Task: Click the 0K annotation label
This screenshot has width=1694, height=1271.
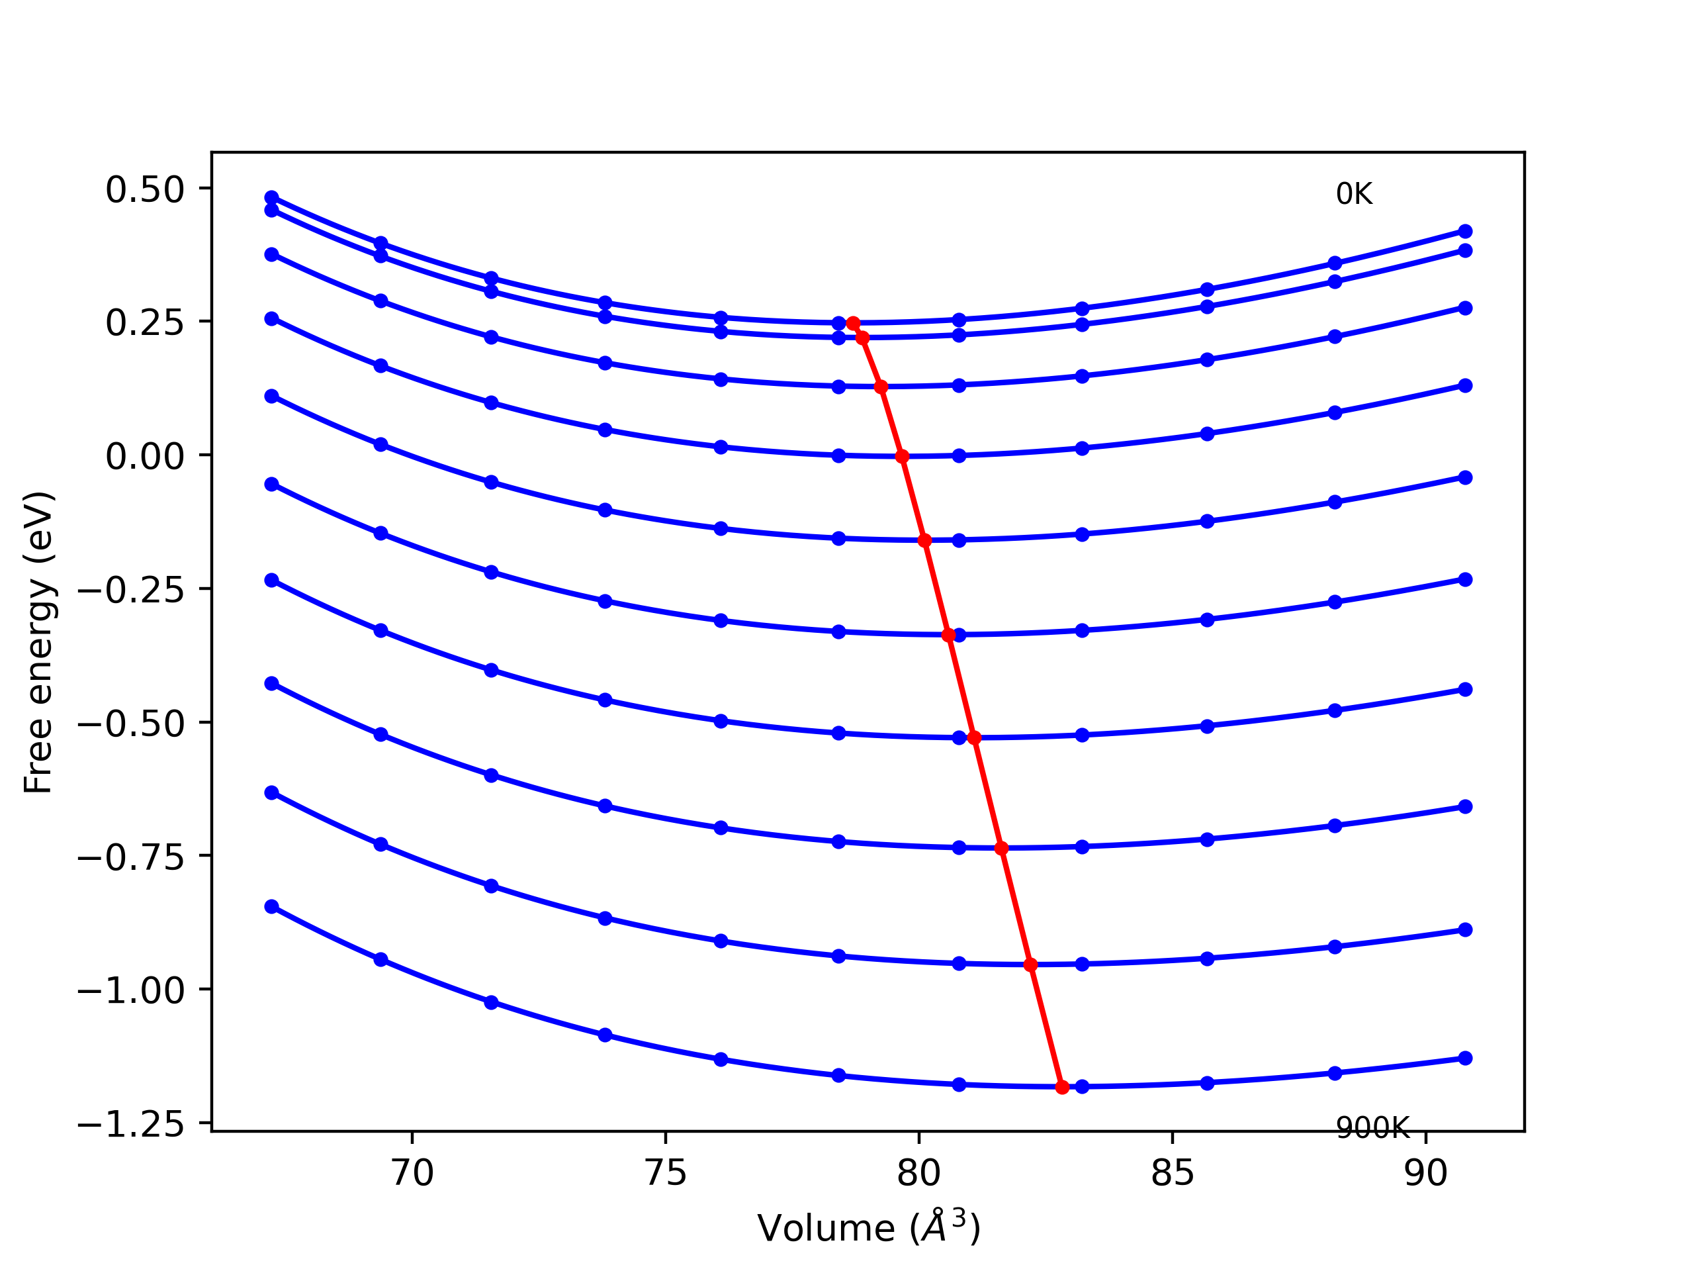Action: coord(1353,194)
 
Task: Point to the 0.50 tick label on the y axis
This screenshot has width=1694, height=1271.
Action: coord(145,189)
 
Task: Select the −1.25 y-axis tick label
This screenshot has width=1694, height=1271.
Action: coord(131,1125)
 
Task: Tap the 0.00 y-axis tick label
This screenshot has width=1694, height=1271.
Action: coord(145,457)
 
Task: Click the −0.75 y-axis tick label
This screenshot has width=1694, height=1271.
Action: coord(131,858)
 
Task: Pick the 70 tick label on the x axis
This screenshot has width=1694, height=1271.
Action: coord(412,1173)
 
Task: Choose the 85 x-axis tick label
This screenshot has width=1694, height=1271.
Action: coord(1172,1173)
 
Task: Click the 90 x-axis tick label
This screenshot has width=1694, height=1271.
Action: coord(1425,1173)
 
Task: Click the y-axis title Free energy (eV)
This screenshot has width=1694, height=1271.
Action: coord(38,642)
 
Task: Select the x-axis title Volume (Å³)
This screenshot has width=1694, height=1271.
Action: coord(868,1228)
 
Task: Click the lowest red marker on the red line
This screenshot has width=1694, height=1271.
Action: coord(1061,1087)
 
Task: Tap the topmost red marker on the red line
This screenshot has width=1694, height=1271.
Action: coord(853,323)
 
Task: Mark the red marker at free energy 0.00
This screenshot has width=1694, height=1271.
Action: coord(902,457)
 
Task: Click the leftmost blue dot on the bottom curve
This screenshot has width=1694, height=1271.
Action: coord(272,906)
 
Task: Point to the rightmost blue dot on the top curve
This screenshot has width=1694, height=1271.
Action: coord(1465,232)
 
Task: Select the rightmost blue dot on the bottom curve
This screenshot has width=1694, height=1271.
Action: coord(1465,1058)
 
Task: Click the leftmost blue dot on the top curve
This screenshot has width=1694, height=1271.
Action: coord(272,198)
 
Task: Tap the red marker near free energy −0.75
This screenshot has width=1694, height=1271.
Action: coord(1001,848)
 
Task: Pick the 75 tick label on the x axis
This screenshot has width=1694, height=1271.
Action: coord(666,1173)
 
